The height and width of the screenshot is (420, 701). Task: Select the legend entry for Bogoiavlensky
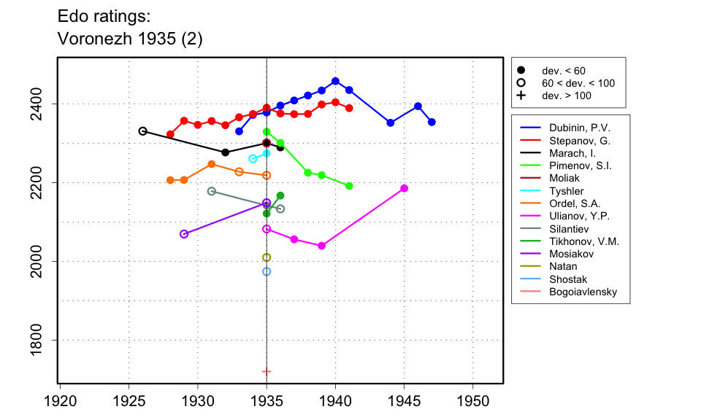(583, 292)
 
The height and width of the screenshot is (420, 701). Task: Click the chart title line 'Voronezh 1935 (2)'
(129, 40)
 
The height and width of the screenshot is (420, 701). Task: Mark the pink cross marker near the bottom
(267, 372)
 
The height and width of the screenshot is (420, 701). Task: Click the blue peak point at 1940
(335, 81)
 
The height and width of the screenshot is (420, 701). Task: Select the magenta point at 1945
(404, 188)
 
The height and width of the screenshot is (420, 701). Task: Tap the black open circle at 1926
(142, 131)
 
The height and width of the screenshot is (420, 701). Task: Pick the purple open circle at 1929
(184, 234)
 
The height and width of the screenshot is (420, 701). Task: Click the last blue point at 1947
(432, 122)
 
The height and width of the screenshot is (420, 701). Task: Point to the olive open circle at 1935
(267, 257)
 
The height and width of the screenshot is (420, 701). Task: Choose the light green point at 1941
(349, 186)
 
